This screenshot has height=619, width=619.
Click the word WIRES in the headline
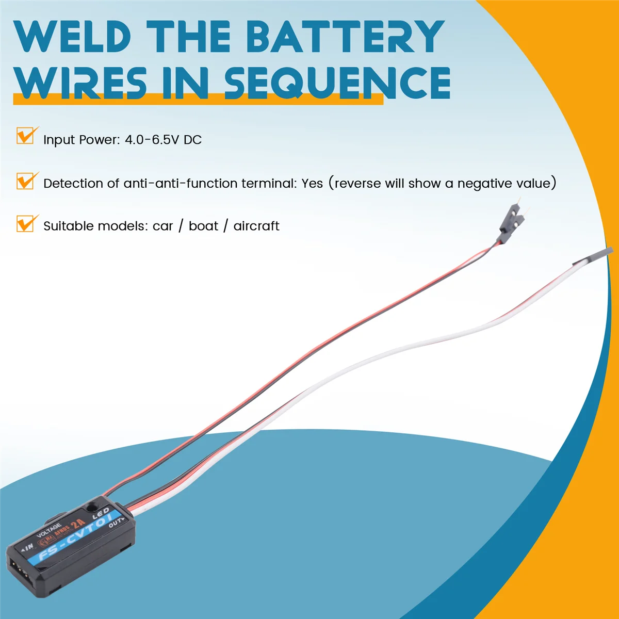click(x=80, y=83)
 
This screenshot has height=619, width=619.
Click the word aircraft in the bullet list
click(x=256, y=226)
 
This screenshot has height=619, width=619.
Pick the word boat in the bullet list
click(x=203, y=226)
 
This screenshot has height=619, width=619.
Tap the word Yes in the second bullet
click(x=312, y=183)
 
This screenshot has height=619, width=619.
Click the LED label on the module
click(x=101, y=513)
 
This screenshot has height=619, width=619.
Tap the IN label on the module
click(x=27, y=547)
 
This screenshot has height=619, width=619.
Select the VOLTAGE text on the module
click(x=49, y=531)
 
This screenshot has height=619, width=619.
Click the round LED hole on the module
click(x=94, y=502)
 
